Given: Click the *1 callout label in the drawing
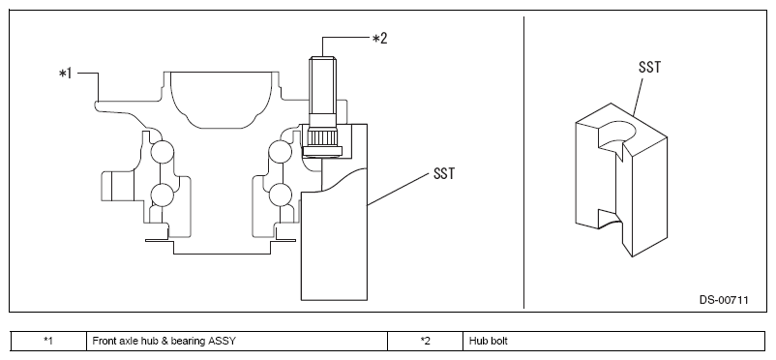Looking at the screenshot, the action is coord(66,74).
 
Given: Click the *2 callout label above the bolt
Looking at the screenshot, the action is coord(379,38).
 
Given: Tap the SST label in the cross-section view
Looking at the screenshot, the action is coord(443,174).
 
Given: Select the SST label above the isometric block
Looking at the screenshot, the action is coord(649,67).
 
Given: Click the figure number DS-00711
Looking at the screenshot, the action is coord(724,300).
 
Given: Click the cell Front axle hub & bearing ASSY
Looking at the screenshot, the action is coord(237,341).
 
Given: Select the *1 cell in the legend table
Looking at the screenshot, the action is coord(48,341).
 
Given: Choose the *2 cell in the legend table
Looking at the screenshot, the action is coord(425,341).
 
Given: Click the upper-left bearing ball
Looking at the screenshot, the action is coord(162,152).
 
